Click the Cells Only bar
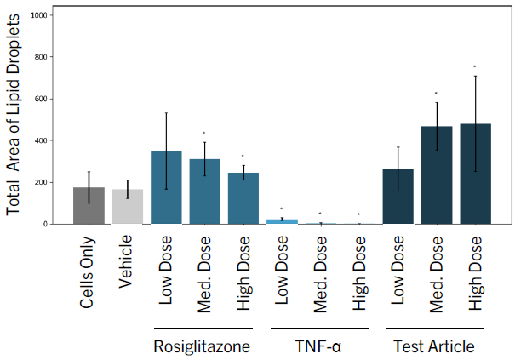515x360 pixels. point(89,206)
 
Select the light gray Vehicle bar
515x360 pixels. point(128,207)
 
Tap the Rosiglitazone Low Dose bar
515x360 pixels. point(166,187)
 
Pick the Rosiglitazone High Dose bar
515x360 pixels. point(243,198)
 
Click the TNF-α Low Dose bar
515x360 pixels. point(282,222)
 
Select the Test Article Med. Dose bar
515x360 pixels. point(437,175)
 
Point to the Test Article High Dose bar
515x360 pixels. point(476,174)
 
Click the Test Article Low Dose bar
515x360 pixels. point(398,197)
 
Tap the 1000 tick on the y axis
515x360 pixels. point(39,15)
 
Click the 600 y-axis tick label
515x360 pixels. point(41,99)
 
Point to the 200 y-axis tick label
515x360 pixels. point(41,182)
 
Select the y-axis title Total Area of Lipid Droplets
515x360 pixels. point(13,115)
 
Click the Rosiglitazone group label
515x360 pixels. point(202,346)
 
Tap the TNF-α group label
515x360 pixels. point(318,346)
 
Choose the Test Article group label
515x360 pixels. point(434,346)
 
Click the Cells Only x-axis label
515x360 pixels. point(87,272)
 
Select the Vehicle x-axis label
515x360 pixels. point(125,261)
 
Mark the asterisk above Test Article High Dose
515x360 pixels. point(475,66)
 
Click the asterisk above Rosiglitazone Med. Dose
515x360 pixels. point(204,133)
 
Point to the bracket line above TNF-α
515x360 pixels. point(319,328)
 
